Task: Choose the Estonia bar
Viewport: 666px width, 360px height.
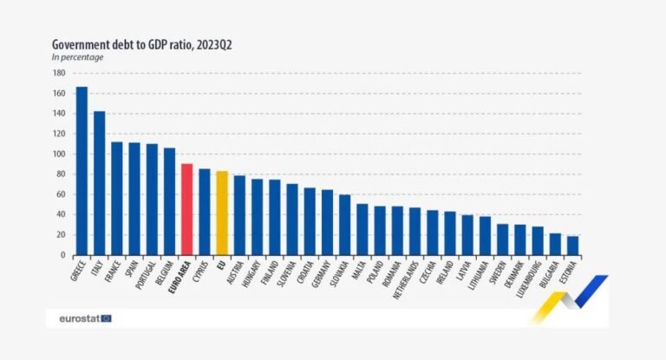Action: tap(572, 246)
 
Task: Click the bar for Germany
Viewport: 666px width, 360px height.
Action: tap(327, 222)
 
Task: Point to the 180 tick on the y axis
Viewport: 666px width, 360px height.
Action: tap(61, 73)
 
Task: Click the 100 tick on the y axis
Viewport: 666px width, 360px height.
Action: tap(61, 154)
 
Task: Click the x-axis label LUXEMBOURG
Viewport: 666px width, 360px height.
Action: tap(532, 275)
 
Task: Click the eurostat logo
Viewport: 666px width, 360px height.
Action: tap(85, 318)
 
